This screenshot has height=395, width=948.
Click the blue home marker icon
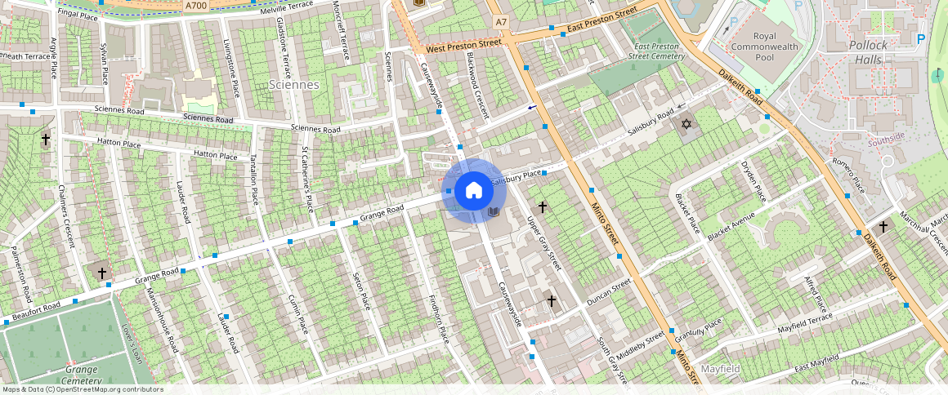[x=473, y=191]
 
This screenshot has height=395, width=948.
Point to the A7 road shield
[x=501, y=21]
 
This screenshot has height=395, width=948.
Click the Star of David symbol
[x=686, y=124]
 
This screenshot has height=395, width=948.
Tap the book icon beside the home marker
[x=493, y=211]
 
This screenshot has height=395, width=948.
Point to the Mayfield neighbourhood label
[x=720, y=369]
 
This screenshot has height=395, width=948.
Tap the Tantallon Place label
[x=253, y=179]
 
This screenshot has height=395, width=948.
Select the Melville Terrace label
[x=287, y=7]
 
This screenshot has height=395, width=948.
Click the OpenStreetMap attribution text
[x=82, y=389]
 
